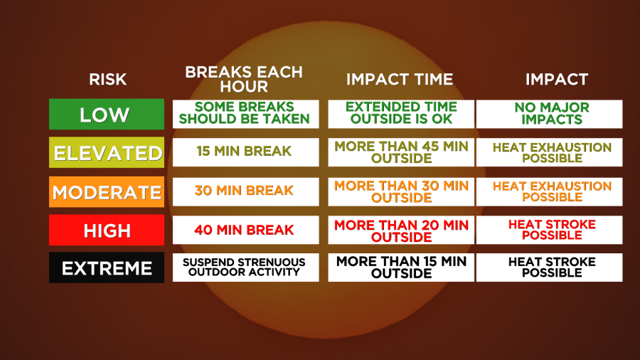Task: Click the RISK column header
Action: coord(108,79)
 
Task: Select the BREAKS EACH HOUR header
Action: coord(244,79)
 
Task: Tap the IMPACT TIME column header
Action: coord(400,79)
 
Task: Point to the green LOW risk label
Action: coord(107,115)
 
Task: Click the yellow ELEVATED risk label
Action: coord(107,153)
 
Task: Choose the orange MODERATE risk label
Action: coord(107,192)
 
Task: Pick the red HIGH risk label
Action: coord(107,231)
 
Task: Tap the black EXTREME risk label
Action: coord(107,268)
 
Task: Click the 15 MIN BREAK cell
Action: coord(246,152)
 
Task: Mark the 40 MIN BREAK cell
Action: coord(246,231)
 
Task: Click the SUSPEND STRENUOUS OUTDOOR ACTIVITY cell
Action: coord(246,268)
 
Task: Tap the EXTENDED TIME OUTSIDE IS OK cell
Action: coord(401,115)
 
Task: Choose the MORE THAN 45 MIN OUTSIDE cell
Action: coord(401,152)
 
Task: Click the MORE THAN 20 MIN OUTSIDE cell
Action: coord(401,231)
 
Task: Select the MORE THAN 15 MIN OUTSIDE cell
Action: coord(401,268)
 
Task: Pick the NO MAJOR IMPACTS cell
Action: coord(550,115)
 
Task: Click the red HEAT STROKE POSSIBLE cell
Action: coord(550,231)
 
